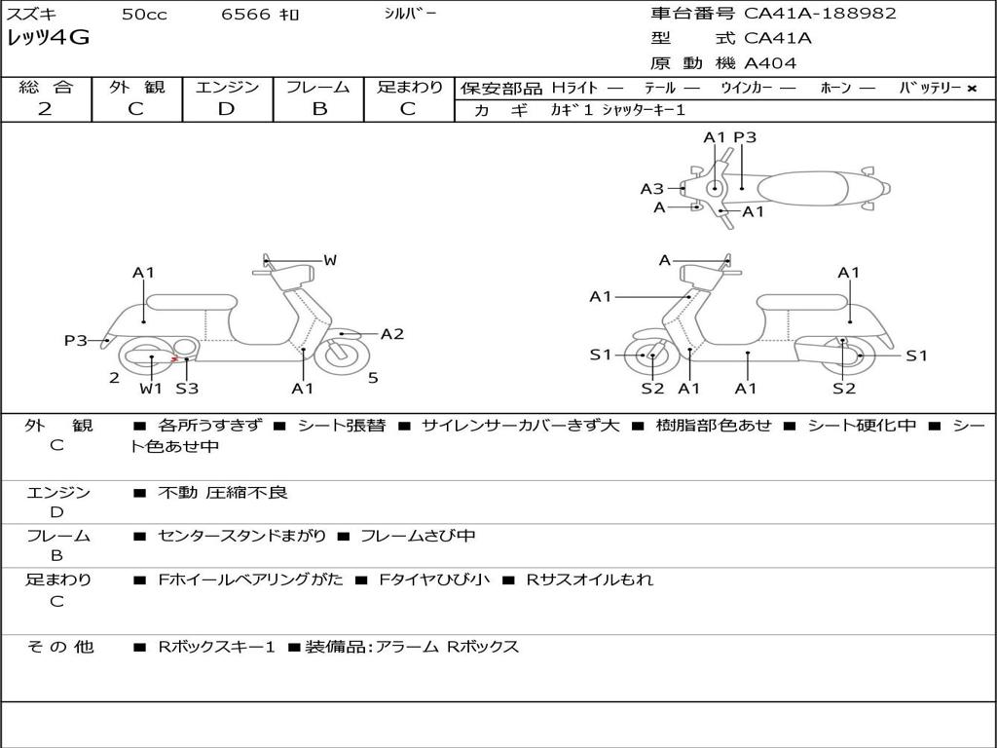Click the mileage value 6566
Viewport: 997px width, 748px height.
tap(244, 14)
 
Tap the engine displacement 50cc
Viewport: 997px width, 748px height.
tap(144, 14)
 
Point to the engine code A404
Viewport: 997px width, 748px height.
tap(770, 63)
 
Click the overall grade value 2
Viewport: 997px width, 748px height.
tap(45, 109)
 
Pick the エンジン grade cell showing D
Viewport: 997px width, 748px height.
tap(227, 109)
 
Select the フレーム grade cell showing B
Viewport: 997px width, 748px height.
tap(319, 109)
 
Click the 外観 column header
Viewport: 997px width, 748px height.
tap(136, 87)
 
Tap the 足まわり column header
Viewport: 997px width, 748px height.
tap(410, 87)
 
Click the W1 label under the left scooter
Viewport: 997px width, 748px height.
tap(150, 389)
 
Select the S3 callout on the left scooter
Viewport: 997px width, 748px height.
tap(187, 389)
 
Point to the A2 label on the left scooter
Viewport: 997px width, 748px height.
tap(392, 334)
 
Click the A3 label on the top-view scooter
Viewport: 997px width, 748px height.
tap(651, 189)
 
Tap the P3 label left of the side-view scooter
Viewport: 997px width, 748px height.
tap(76, 340)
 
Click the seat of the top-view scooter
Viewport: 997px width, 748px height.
tap(809, 187)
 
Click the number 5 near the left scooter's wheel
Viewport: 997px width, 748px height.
tap(373, 377)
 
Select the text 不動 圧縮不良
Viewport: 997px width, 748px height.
tap(223, 493)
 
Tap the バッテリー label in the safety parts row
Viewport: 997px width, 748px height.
tap(930, 88)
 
